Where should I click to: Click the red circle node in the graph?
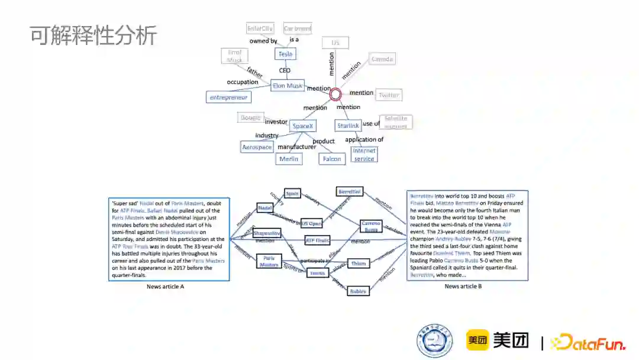pos(335,94)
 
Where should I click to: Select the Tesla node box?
pos(285,54)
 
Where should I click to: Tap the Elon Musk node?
pos(288,86)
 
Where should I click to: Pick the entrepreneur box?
pos(229,97)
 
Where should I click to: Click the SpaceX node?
pos(303,126)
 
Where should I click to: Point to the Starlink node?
pos(348,126)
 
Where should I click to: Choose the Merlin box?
pos(289,159)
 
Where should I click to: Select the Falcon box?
pos(331,159)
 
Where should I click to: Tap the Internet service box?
pos(364,155)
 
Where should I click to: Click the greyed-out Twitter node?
pos(388,95)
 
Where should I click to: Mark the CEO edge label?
pos(285,70)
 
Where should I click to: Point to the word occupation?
pos(243,82)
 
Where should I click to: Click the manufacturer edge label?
pos(296,147)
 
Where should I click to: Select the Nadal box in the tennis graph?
pos(264,208)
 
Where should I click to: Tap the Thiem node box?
pos(358,263)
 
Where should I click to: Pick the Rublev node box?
pos(357,291)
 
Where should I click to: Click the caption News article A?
pos(166,287)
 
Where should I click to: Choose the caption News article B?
pos(463,287)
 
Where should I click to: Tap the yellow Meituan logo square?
pos(477,340)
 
